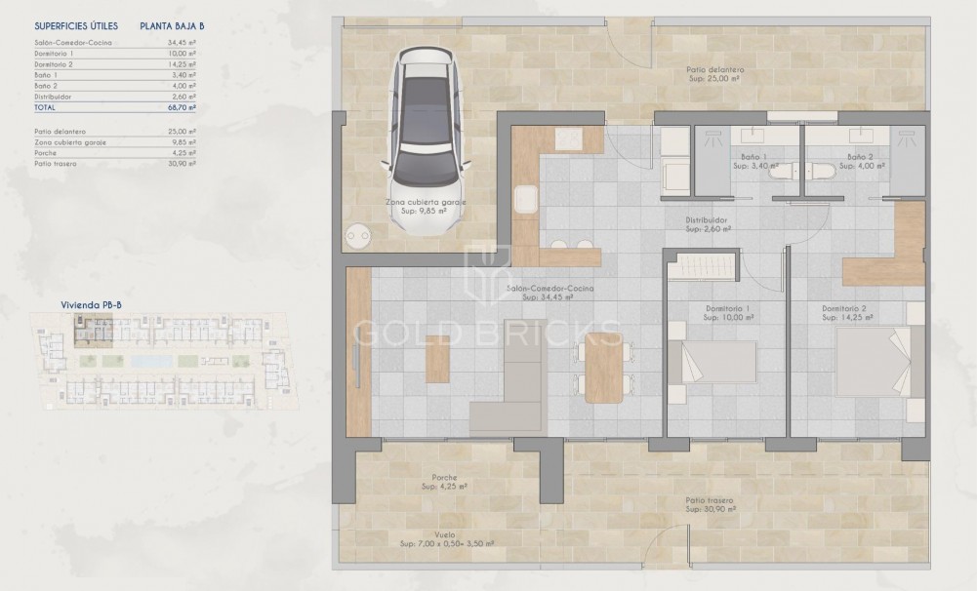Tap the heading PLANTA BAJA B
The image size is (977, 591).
(x=172, y=26)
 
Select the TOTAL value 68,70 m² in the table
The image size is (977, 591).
(x=183, y=107)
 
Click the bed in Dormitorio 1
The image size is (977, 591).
(x=716, y=364)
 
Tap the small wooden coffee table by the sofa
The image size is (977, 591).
(x=438, y=365)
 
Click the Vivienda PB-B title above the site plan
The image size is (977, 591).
(x=92, y=304)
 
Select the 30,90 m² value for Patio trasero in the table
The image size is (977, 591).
(x=183, y=163)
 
